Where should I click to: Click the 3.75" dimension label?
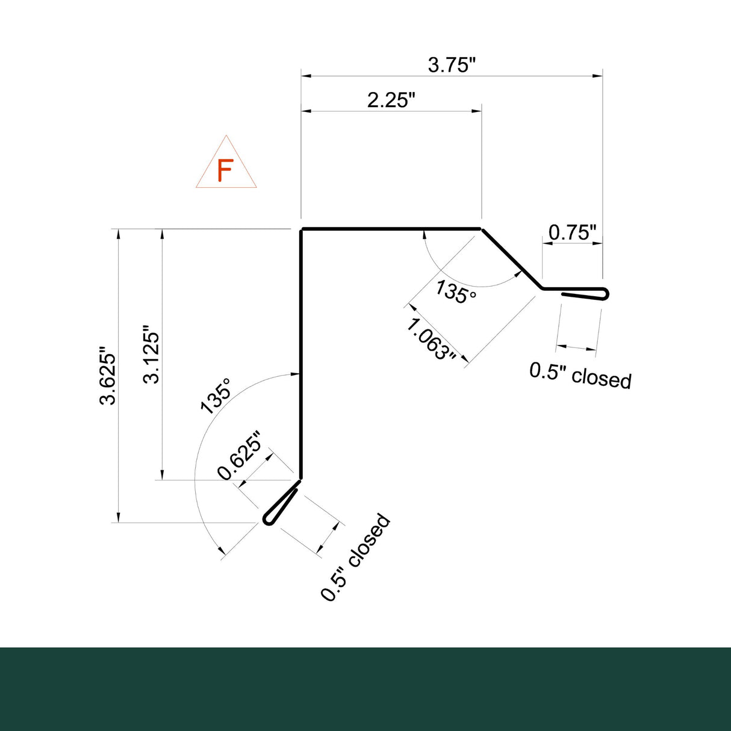click(x=452, y=64)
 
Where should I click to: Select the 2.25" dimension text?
click(x=391, y=99)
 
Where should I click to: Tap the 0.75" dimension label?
click(x=572, y=232)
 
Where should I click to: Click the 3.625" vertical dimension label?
click(x=108, y=376)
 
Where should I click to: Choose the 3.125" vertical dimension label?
click(x=152, y=355)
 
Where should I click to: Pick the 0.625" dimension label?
click(x=240, y=456)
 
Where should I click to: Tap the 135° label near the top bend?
click(x=455, y=292)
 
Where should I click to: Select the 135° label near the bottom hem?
click(x=216, y=396)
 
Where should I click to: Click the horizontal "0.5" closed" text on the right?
click(x=580, y=375)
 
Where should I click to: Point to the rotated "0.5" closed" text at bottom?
click(x=355, y=557)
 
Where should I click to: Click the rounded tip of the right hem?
click(x=606, y=294)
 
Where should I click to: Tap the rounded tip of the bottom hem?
click(x=268, y=520)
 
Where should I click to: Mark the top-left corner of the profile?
click(x=302, y=229)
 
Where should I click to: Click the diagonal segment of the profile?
click(x=512, y=259)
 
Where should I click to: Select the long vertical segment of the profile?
click(x=300, y=355)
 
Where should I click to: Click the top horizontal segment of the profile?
click(x=391, y=229)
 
